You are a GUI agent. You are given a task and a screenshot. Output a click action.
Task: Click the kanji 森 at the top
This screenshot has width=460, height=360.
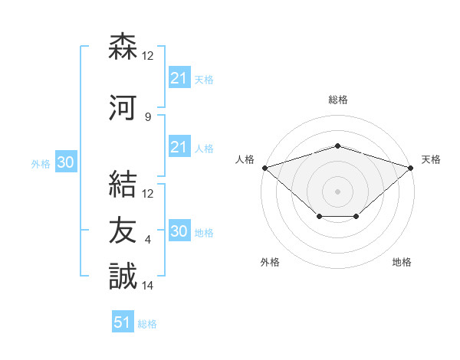tap(123, 47)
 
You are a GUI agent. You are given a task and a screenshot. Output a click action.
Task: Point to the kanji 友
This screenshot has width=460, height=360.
tap(123, 230)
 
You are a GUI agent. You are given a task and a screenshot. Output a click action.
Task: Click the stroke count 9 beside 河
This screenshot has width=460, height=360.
tap(147, 116)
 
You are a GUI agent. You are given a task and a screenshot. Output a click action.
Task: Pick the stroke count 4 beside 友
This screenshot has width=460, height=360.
tap(147, 240)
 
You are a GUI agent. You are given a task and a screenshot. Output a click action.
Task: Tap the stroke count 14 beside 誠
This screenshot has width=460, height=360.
tap(148, 286)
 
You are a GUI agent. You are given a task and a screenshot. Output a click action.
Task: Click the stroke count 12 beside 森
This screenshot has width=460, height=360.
tap(148, 56)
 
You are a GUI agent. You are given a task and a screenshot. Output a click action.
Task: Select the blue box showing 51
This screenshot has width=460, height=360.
tap(123, 322)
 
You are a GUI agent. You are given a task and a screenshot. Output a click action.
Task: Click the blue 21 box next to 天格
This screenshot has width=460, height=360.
tap(179, 78)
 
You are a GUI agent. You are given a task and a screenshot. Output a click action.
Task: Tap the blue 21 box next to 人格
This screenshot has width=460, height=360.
tap(179, 147)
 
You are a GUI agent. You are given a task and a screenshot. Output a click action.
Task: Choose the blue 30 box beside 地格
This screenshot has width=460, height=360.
tap(179, 231)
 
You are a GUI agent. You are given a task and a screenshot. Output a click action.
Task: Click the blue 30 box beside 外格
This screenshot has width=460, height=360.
tap(65, 162)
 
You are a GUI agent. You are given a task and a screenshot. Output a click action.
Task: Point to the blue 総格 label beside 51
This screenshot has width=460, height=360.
tap(147, 324)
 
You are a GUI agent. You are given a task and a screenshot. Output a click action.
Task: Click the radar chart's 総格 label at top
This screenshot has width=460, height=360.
tap(337, 100)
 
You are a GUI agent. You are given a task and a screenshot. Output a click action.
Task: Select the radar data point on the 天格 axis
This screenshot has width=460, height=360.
tap(411, 167)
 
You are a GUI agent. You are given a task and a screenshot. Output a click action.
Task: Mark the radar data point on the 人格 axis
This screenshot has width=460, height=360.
tap(264, 167)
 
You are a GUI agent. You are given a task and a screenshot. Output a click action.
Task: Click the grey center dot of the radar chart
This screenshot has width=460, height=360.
tap(337, 191)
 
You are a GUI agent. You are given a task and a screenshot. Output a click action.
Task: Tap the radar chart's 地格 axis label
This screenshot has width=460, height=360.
tap(402, 263)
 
